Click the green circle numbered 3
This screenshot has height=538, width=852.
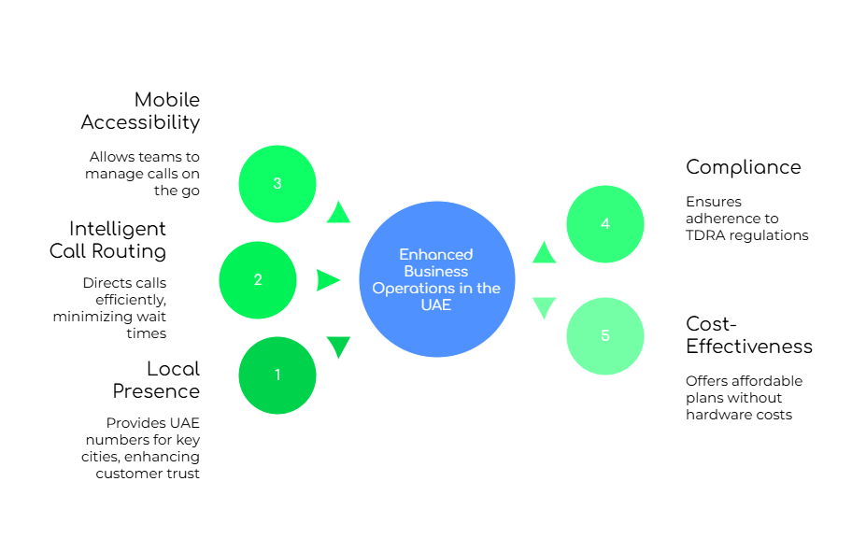(277, 184)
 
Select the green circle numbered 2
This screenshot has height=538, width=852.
(258, 280)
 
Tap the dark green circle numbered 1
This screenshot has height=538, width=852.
(277, 375)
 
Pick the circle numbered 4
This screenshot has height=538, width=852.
(605, 224)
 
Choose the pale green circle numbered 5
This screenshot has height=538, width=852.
(605, 336)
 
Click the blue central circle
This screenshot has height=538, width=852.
(437, 279)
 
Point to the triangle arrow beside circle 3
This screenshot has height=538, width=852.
(338, 213)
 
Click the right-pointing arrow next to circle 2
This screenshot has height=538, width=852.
(327, 280)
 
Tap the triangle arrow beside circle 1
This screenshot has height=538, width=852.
(338, 347)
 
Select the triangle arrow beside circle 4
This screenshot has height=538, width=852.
(544, 252)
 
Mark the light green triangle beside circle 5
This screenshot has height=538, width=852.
(544, 307)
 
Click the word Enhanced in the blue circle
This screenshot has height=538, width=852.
(436, 254)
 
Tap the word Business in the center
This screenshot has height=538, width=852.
(436, 271)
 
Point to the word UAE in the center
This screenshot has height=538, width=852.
(436, 304)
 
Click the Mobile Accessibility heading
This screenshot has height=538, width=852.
(142, 110)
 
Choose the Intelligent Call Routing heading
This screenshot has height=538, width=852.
(108, 239)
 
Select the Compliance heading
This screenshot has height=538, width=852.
(744, 166)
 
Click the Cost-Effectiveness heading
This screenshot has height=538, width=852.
(749, 334)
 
